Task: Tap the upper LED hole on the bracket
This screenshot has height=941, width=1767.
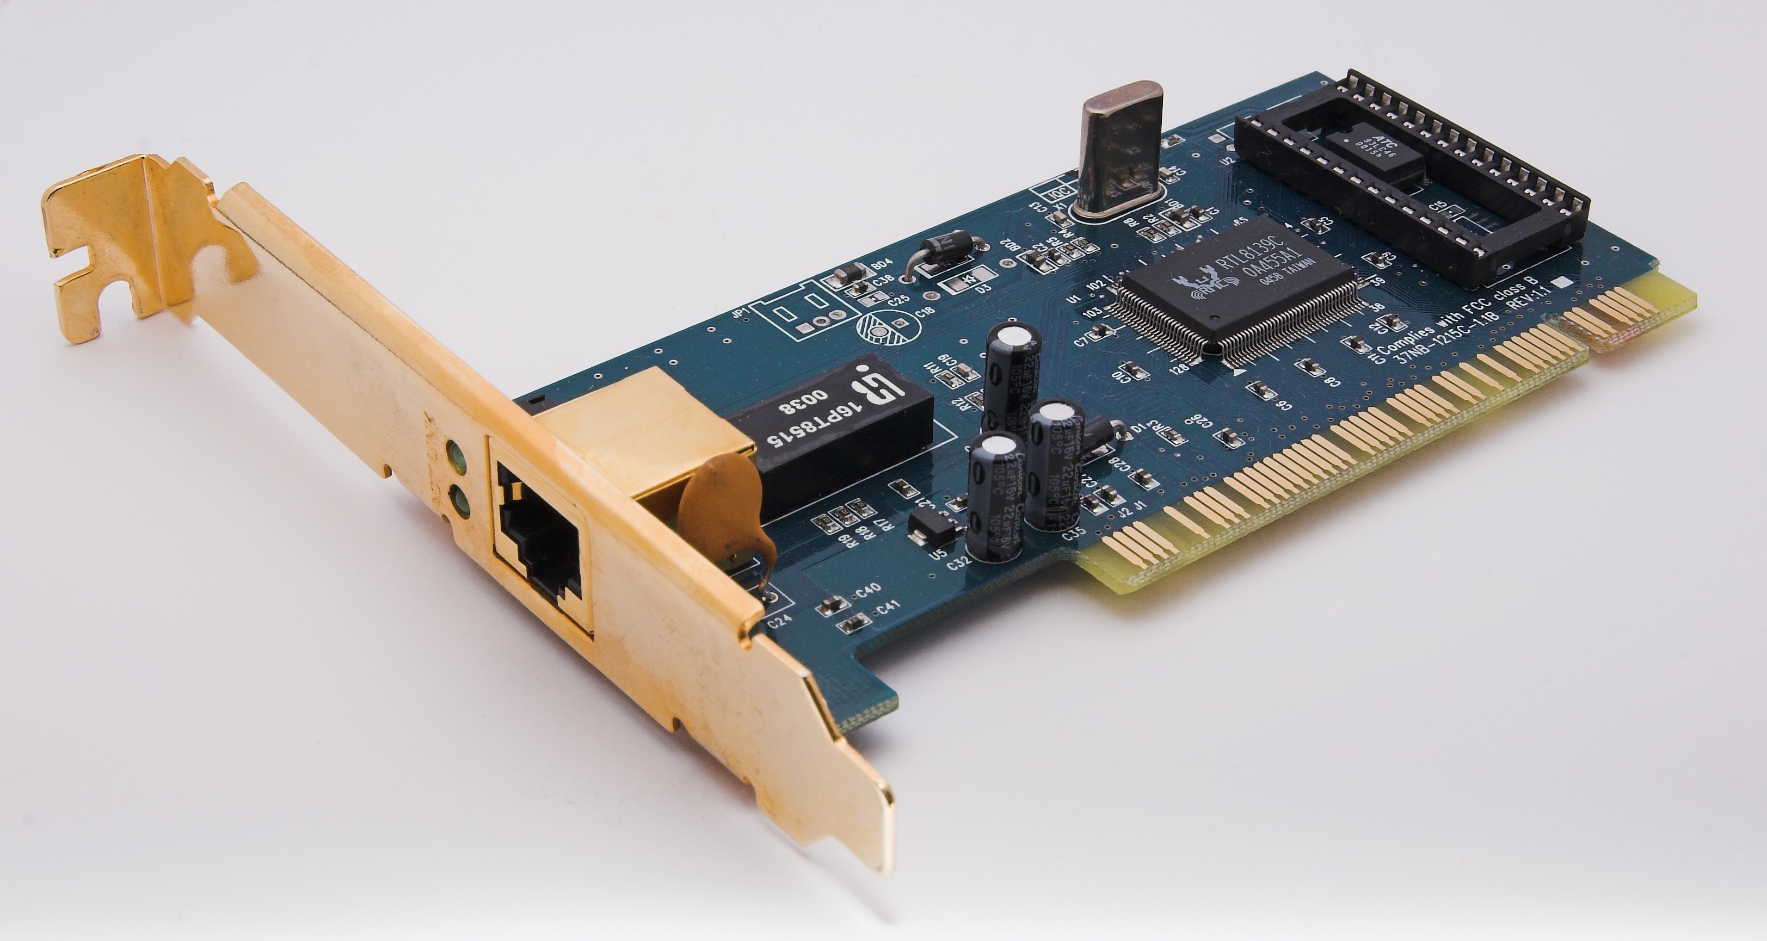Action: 454,453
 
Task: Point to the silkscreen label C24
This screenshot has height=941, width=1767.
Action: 780,623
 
